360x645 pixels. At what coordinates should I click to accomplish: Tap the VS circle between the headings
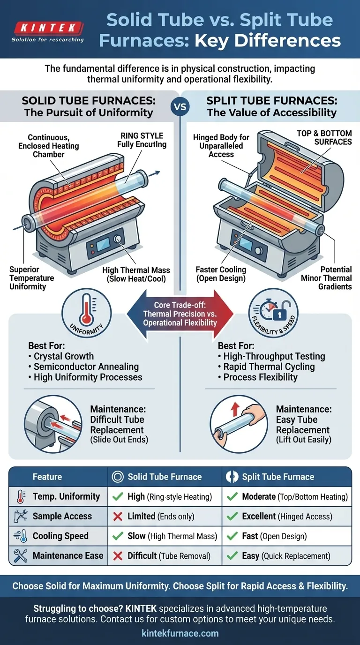(x=180, y=106)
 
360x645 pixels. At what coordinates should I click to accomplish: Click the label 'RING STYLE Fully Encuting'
(x=142, y=140)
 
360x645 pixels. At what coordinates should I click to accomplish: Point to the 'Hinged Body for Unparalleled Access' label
(x=221, y=146)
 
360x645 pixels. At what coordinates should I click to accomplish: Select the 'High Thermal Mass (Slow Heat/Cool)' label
(x=136, y=275)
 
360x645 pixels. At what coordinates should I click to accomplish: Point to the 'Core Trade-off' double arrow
(x=180, y=314)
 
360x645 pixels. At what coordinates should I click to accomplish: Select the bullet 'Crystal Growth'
(x=63, y=356)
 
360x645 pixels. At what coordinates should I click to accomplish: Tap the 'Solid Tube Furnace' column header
(x=164, y=477)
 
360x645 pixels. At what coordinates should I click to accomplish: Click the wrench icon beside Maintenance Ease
(x=20, y=556)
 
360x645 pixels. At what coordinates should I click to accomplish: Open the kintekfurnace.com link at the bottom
(x=180, y=633)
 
